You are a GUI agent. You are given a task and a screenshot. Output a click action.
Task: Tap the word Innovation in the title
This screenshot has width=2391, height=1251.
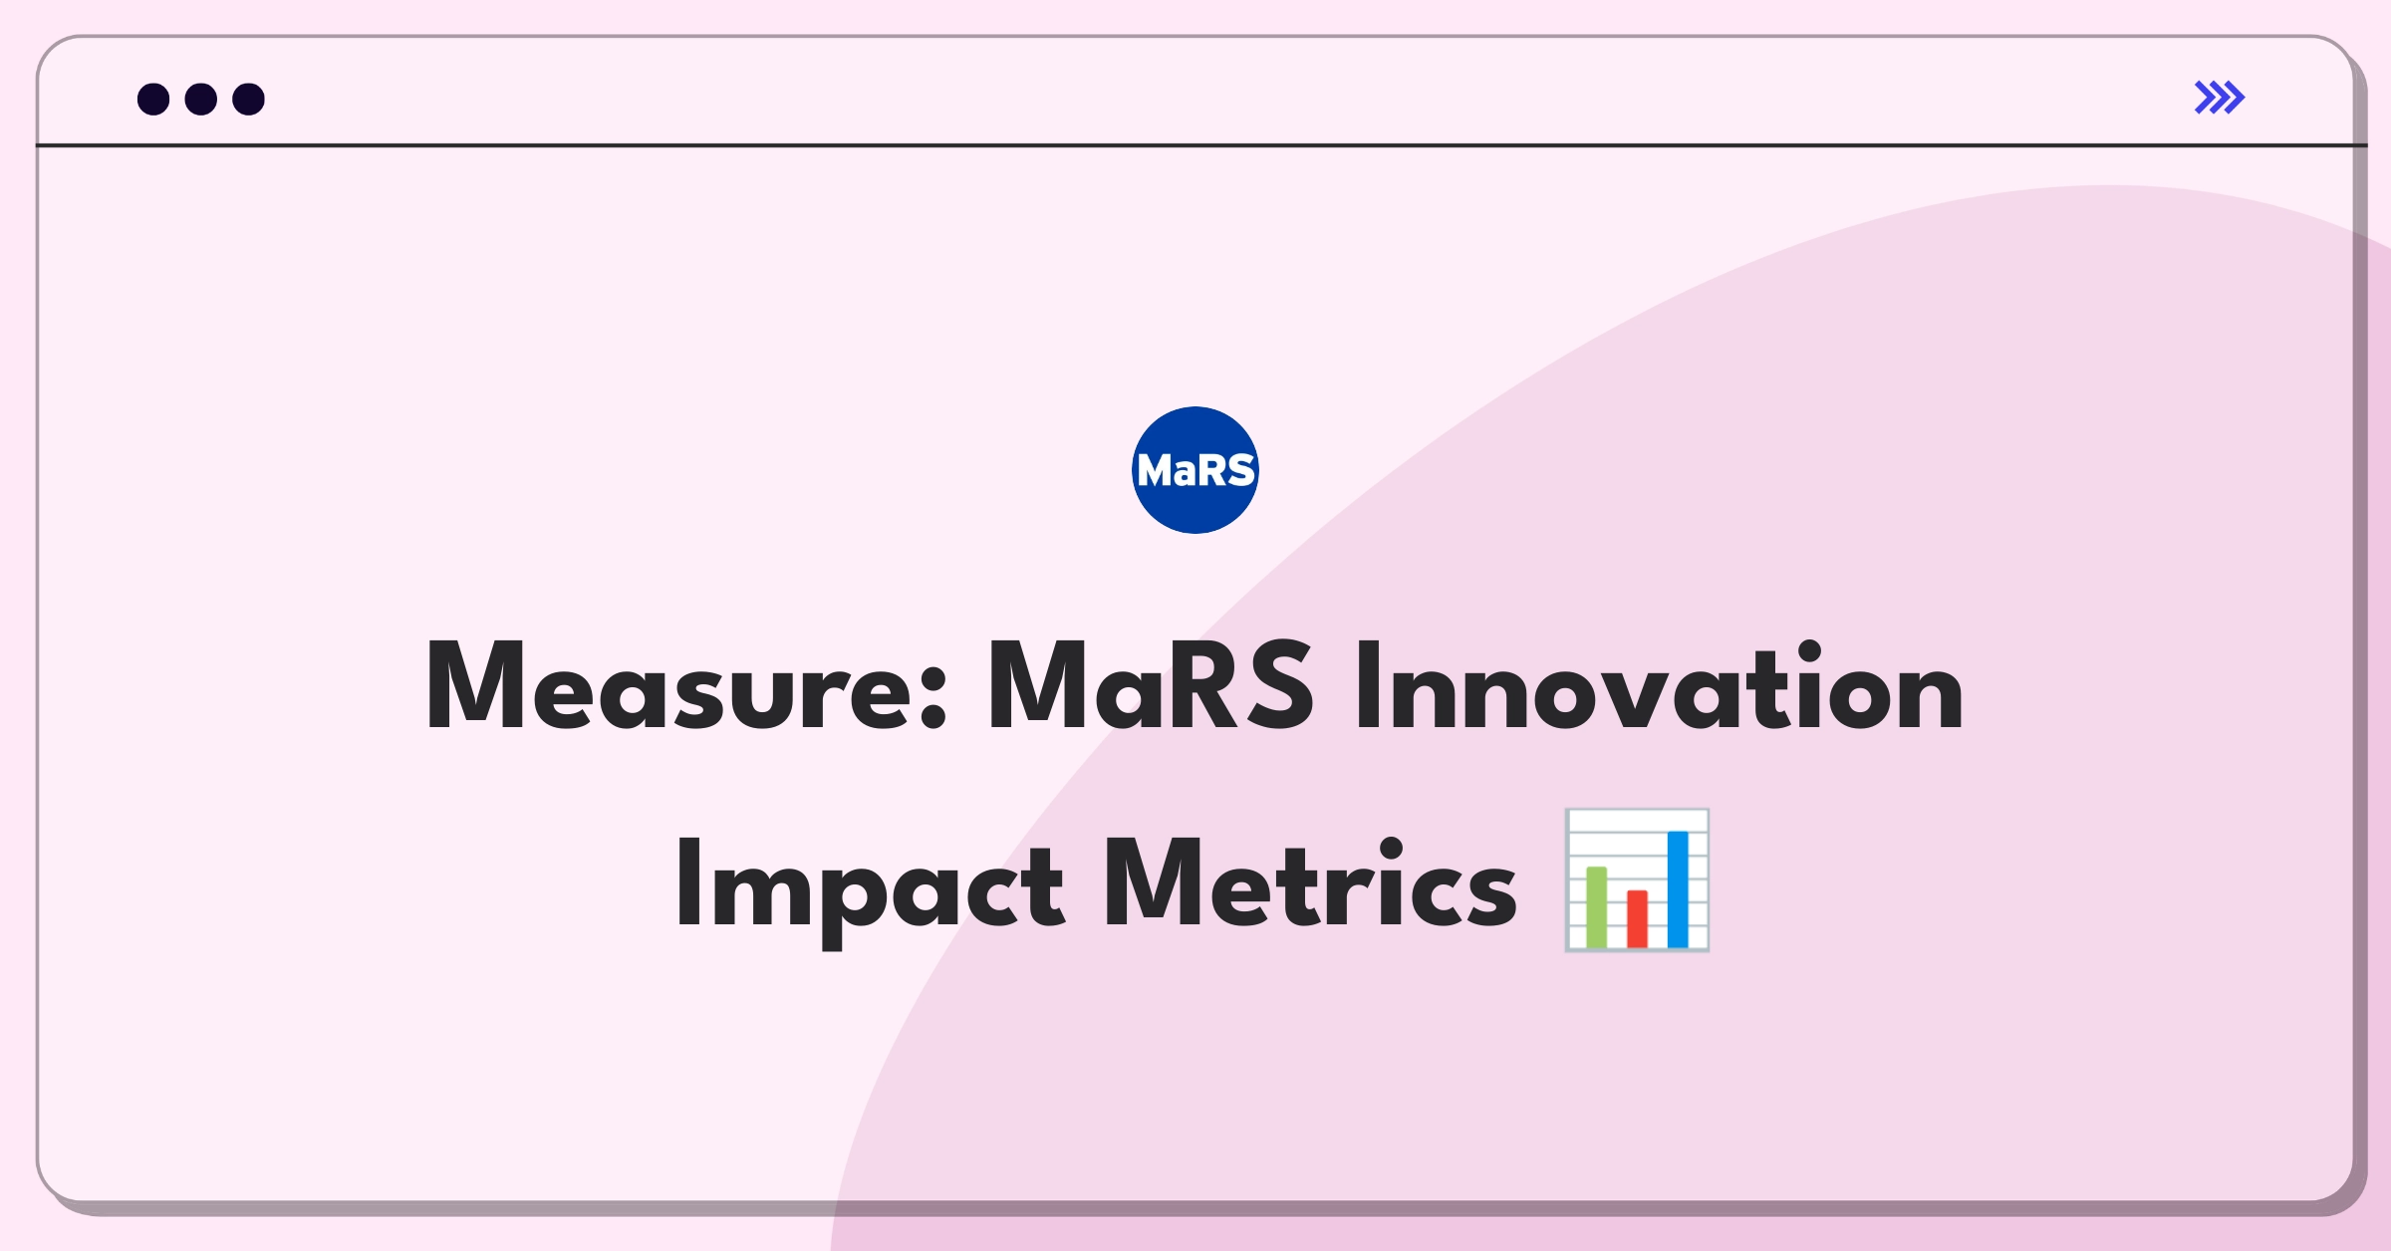pyautogui.click(x=1659, y=687)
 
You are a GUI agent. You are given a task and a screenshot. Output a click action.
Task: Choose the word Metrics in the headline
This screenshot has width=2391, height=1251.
pyautogui.click(x=1309, y=884)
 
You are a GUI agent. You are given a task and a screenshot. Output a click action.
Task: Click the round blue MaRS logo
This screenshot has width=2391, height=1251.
pyautogui.click(x=1195, y=470)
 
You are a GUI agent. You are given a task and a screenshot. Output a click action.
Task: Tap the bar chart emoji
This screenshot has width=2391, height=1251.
pyautogui.click(x=1637, y=880)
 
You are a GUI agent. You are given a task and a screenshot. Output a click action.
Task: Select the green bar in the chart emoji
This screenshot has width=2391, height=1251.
pyautogui.click(x=1596, y=907)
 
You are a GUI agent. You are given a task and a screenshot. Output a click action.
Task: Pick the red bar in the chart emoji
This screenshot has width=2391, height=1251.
pyautogui.click(x=1637, y=918)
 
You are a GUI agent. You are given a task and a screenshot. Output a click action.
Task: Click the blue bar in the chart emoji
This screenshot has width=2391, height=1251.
pyautogui.click(x=1678, y=888)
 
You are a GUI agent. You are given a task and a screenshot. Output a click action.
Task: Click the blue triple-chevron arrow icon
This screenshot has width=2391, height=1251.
pyautogui.click(x=2220, y=98)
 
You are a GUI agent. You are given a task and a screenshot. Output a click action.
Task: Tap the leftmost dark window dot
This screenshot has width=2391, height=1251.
pyautogui.click(x=153, y=100)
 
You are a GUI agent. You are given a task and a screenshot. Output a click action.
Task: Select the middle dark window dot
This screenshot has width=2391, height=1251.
pyautogui.click(x=201, y=100)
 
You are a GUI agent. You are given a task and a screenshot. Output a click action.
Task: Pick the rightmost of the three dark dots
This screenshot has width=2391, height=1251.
pyautogui.click(x=248, y=100)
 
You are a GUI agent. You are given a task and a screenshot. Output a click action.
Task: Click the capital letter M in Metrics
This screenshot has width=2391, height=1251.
pyautogui.click(x=1152, y=884)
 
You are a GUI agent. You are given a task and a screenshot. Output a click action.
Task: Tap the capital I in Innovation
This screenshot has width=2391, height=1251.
pyautogui.click(x=1368, y=687)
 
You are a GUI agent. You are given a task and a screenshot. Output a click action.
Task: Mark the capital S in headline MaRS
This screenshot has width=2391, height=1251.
pyautogui.click(x=1276, y=687)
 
